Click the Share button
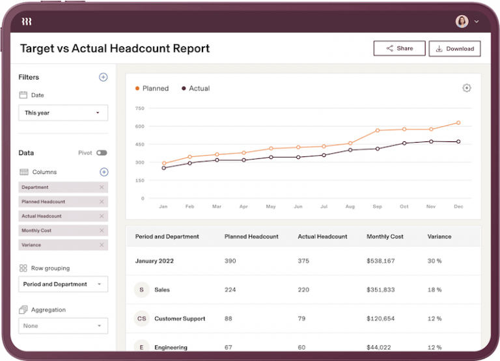(399, 48)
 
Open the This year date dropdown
(63, 113)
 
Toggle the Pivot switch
(102, 153)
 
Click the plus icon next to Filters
(103, 77)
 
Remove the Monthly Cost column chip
(102, 231)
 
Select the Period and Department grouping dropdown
(63, 284)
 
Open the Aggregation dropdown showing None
(63, 326)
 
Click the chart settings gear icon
(466, 88)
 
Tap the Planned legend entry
(152, 89)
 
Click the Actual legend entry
(195, 89)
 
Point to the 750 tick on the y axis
(139, 108)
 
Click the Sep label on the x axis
(377, 207)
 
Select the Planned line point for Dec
(458, 123)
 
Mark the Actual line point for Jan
(163, 168)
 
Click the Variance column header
(439, 237)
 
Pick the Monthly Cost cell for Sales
(380, 289)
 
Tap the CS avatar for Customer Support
(141, 319)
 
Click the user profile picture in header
(462, 22)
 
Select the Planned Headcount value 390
(230, 261)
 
